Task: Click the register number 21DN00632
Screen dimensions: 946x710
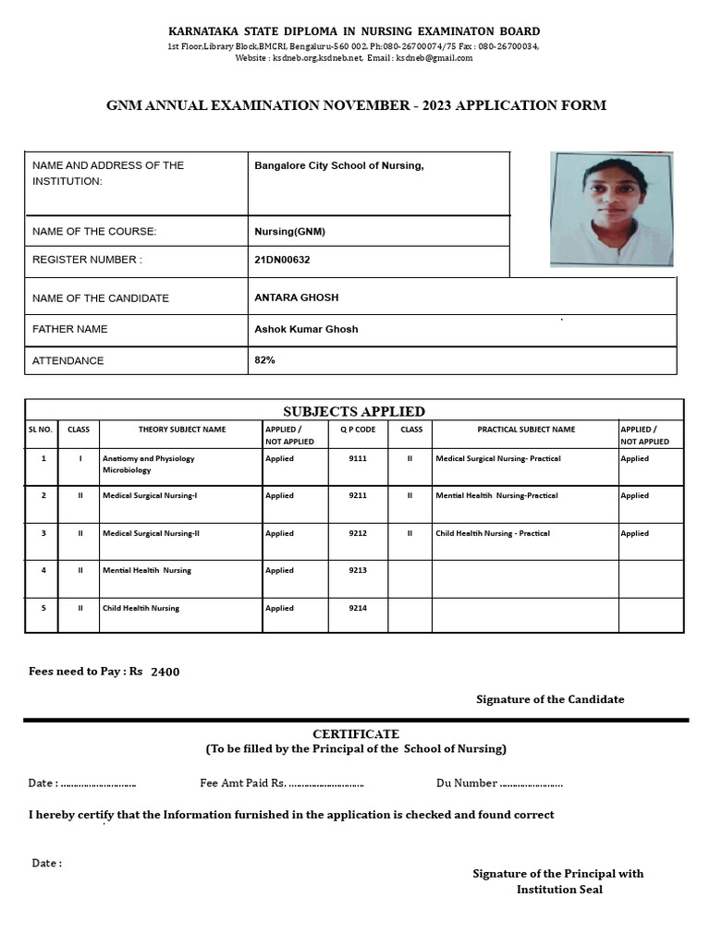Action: [x=282, y=260]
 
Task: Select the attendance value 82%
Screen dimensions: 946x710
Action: [x=264, y=359]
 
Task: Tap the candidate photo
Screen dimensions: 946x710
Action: [x=611, y=210]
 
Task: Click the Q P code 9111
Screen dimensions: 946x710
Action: [x=358, y=458]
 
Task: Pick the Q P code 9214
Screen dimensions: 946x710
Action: [x=358, y=608]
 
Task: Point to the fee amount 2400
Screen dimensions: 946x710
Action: [x=165, y=672]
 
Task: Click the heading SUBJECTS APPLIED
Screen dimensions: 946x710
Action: [x=353, y=411]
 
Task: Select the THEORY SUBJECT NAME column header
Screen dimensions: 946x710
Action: [x=181, y=430]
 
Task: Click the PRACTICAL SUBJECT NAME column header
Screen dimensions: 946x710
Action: [x=526, y=430]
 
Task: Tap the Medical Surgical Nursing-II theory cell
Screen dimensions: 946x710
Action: [x=151, y=533]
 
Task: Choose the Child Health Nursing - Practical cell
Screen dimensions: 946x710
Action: [x=493, y=533]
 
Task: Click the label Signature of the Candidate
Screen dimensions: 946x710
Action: [x=550, y=699]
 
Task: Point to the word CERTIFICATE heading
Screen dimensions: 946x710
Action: [x=355, y=734]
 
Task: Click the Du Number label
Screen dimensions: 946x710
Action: [x=466, y=783]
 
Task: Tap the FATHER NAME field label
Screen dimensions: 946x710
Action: [x=69, y=329]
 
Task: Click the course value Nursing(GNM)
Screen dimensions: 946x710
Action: [x=289, y=231]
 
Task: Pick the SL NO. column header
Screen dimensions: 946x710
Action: [x=41, y=430]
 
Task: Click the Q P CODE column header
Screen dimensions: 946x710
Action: [x=358, y=430]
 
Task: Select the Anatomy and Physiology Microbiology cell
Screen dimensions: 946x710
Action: [x=148, y=464]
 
